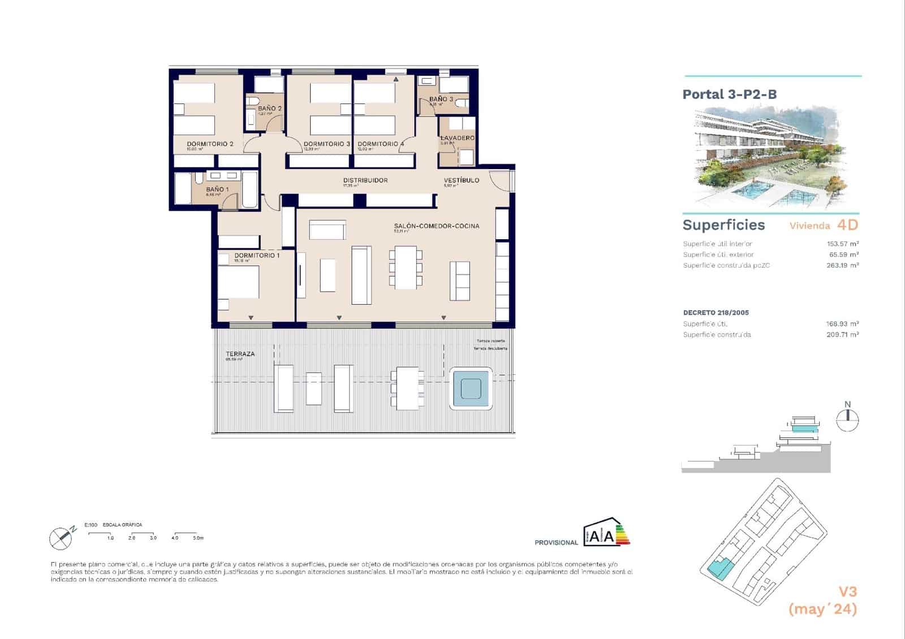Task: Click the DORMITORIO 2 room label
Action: [210, 144]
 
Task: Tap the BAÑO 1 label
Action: [217, 190]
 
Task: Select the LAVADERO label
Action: [458, 138]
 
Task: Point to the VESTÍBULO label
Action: [461, 180]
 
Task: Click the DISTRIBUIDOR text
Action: [365, 180]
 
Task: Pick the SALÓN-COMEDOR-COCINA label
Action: [436, 226]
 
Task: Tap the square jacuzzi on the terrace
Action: [471, 388]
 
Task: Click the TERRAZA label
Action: [240, 354]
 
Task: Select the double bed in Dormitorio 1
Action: [239, 282]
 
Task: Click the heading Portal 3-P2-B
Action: [729, 94]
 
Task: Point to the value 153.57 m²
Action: [842, 244]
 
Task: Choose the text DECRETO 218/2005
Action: [716, 313]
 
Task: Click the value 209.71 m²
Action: [842, 335]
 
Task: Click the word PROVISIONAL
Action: [556, 543]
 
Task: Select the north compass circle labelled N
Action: [847, 419]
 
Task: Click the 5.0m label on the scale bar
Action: [197, 538]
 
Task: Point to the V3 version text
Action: [847, 592]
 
